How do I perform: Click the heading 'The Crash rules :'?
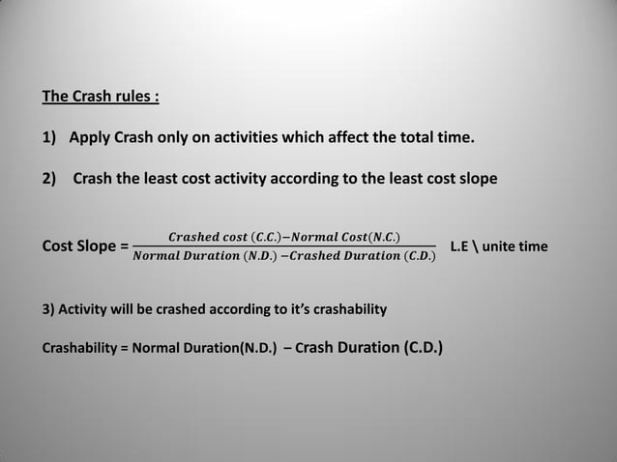pos(101,97)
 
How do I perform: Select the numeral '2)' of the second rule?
pos(50,178)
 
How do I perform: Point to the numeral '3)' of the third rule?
pos(47,309)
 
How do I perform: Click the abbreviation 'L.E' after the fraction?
pos(460,246)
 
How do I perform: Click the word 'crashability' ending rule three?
pos(344,309)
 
